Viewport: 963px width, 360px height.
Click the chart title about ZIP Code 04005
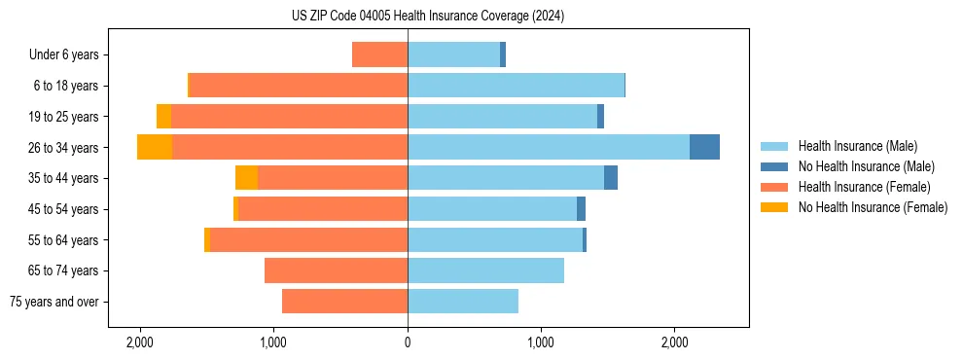tap(428, 16)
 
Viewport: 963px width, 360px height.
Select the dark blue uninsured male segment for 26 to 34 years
tap(704, 147)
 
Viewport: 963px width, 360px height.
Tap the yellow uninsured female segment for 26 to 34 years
tap(155, 147)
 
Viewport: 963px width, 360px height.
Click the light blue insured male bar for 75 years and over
tap(463, 302)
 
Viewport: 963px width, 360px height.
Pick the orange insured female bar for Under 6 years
tap(379, 54)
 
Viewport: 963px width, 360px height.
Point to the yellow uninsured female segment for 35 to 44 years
tap(246, 178)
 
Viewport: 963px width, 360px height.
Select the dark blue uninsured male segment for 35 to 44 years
tap(611, 178)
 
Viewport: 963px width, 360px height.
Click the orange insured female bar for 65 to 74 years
tap(336, 270)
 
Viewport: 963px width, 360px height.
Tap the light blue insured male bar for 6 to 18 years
tap(516, 86)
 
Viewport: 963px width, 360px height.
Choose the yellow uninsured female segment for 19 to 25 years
tap(163, 117)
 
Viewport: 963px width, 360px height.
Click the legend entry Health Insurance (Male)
tap(857, 146)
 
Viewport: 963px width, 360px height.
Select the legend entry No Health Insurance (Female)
tap(873, 207)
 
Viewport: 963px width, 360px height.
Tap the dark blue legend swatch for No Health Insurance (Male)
tap(774, 166)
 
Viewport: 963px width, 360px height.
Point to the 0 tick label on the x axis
tap(408, 342)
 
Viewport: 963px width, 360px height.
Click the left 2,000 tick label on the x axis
tap(140, 342)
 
